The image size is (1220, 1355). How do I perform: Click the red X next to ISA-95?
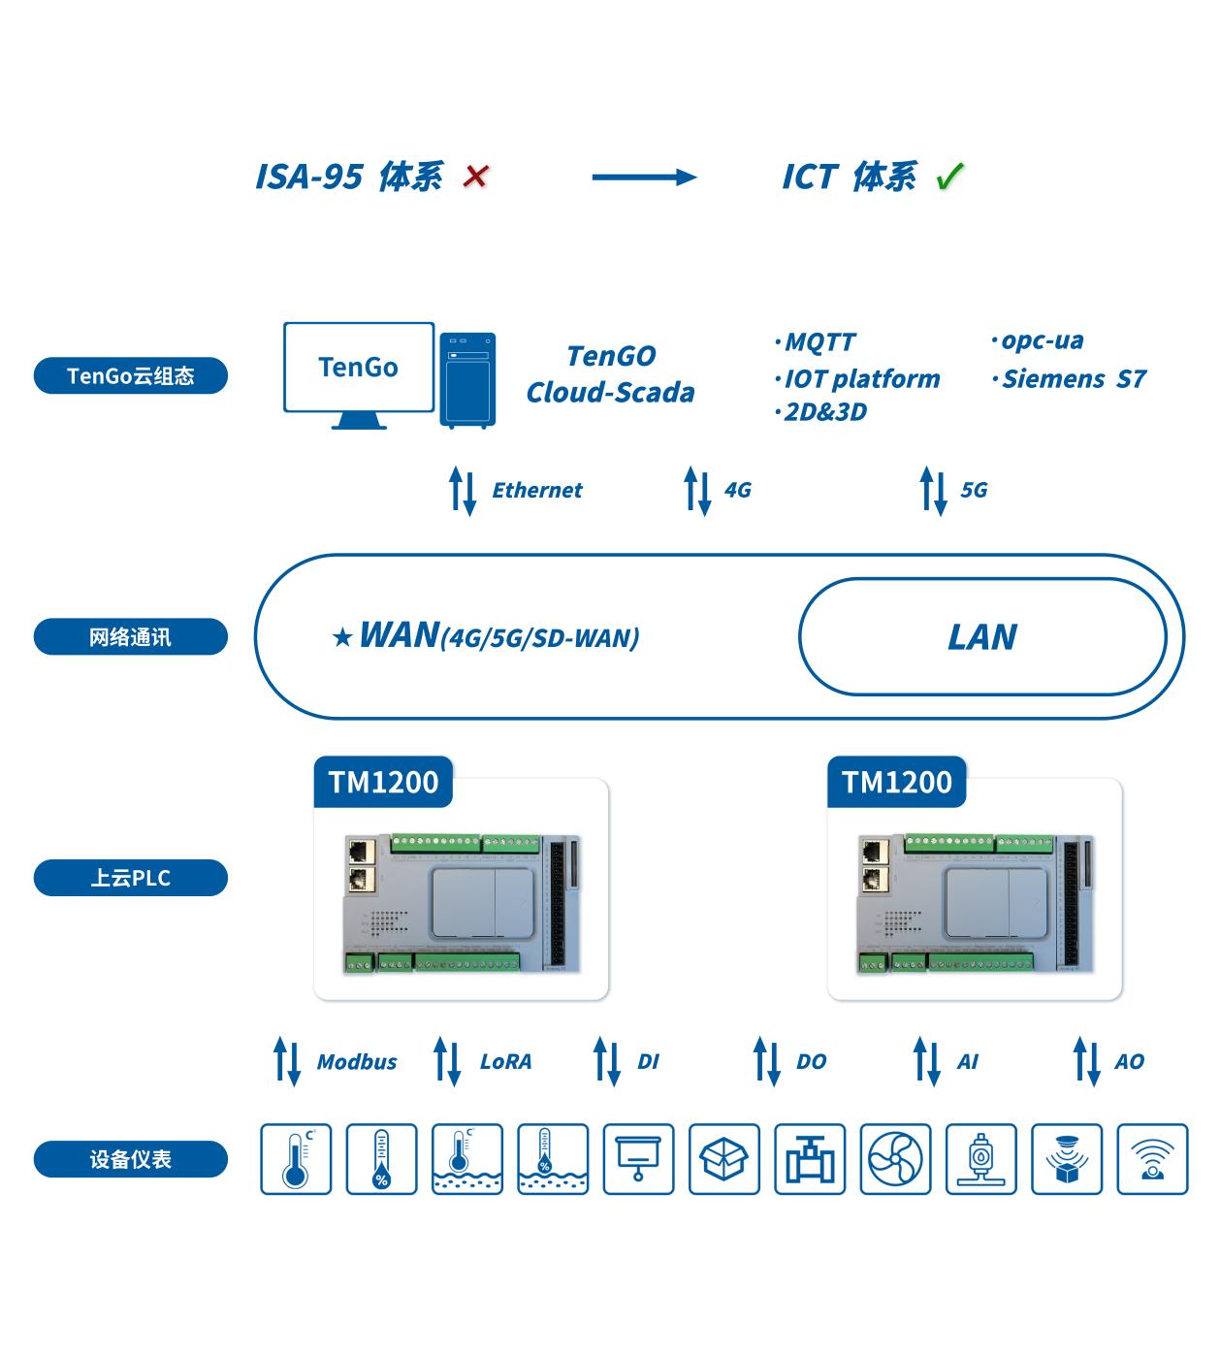click(x=475, y=177)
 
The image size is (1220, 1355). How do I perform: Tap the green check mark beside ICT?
click(x=950, y=177)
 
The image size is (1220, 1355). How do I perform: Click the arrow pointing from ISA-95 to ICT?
click(x=644, y=177)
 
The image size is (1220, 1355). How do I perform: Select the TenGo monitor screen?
click(x=359, y=368)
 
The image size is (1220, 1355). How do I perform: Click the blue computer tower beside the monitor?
click(x=467, y=379)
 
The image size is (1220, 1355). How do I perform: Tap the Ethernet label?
click(x=536, y=491)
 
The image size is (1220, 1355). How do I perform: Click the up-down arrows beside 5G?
click(x=933, y=491)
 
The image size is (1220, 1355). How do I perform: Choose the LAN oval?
click(x=982, y=637)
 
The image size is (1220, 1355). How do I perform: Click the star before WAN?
click(x=341, y=638)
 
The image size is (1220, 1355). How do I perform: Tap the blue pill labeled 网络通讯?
click(x=131, y=637)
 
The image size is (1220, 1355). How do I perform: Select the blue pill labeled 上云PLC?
click(x=131, y=878)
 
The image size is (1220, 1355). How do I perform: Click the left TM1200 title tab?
click(x=383, y=782)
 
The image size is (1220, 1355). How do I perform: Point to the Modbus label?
click(x=357, y=1062)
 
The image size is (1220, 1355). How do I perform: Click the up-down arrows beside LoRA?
click(x=447, y=1061)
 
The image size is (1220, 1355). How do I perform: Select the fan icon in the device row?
click(x=895, y=1159)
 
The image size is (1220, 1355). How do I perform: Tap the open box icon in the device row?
click(x=724, y=1159)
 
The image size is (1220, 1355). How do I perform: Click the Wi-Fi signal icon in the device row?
click(x=1152, y=1159)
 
